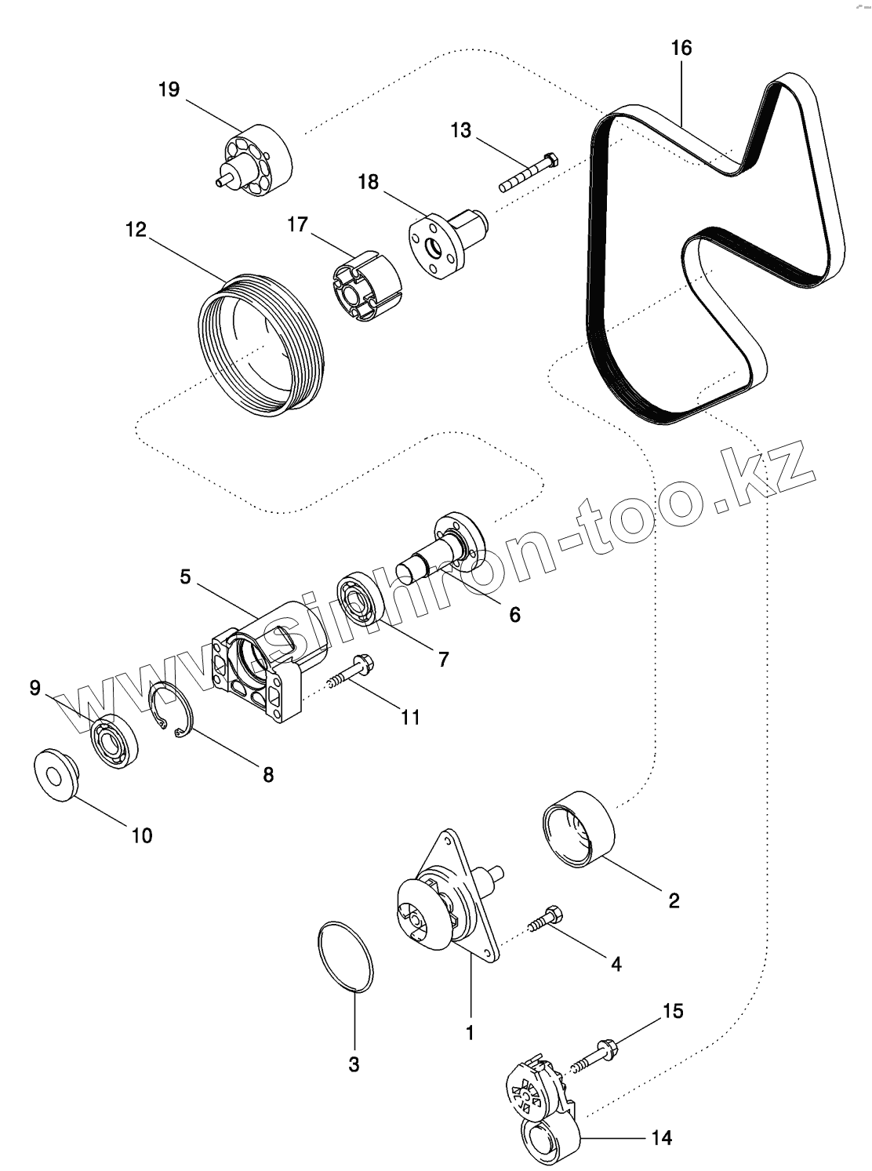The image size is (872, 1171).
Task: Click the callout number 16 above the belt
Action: [x=681, y=48]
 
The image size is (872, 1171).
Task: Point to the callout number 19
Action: [x=169, y=89]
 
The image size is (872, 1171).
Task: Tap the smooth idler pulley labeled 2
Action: [x=579, y=831]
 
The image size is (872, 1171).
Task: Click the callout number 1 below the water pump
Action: [x=470, y=1033]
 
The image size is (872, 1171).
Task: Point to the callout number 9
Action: [x=35, y=688]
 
